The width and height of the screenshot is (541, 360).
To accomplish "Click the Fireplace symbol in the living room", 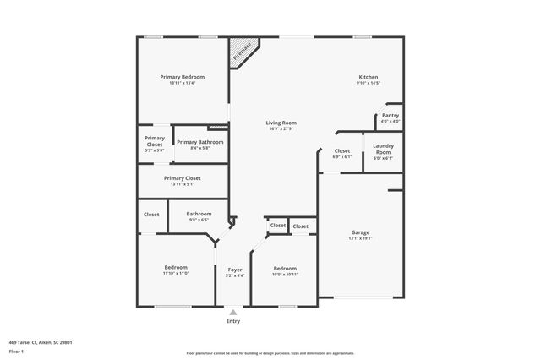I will click(243, 52).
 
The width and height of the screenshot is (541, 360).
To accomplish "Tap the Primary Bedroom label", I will click(183, 77).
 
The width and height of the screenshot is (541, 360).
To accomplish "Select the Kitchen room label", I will click(368, 77).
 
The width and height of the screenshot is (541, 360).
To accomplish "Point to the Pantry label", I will click(390, 116).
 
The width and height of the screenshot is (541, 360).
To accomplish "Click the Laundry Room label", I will click(383, 148).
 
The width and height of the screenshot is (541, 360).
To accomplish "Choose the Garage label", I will click(361, 232).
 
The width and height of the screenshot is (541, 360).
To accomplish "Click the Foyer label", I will click(235, 270).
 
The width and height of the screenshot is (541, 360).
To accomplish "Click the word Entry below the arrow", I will click(233, 321).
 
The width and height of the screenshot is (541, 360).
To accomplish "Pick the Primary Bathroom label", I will click(200, 142).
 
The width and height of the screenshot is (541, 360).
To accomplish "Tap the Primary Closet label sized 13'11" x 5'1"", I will click(183, 178).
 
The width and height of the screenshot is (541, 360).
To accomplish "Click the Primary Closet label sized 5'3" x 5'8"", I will click(155, 141).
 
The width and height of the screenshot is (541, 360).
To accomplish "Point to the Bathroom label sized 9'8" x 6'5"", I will click(199, 214).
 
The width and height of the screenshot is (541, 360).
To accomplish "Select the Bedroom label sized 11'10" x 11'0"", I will click(176, 268).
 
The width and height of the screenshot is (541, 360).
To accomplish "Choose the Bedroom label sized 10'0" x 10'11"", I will click(285, 270).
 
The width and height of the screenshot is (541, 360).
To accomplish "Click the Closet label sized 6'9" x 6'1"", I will click(342, 151).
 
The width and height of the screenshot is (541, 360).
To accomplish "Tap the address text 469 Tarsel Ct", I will click(40, 342).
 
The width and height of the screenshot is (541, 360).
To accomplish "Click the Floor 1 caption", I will click(16, 351).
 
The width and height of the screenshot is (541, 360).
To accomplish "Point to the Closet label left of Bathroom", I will click(151, 215).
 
